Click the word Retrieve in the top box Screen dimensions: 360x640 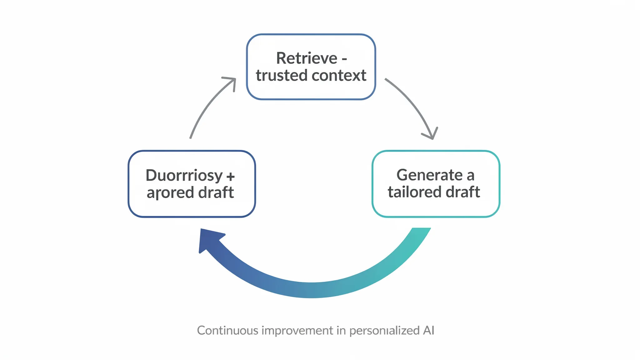[307, 58]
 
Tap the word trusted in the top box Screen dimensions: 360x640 [282, 76]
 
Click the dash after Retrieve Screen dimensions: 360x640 [344, 59]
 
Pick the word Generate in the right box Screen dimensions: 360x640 [429, 175]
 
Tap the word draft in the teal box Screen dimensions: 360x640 [463, 192]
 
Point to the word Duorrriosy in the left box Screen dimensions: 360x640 [184, 176]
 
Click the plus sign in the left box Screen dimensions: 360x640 [231, 177]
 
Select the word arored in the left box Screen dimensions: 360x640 [170, 192]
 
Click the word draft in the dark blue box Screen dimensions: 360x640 [216, 192]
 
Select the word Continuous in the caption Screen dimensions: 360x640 [227, 331]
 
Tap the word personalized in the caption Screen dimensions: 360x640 [384, 331]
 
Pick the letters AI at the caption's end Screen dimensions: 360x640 [428, 331]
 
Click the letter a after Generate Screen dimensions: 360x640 [470, 176]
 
